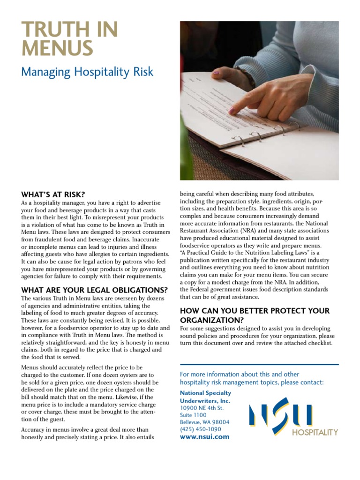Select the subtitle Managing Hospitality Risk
click(x=87, y=72)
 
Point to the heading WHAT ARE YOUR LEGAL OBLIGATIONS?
click(x=94, y=290)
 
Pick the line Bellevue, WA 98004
click(x=205, y=422)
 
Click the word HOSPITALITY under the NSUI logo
click(x=315, y=433)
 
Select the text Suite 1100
click(x=193, y=415)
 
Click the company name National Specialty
click(x=205, y=393)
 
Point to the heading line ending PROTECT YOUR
click(x=255, y=311)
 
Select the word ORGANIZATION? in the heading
click(x=212, y=320)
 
